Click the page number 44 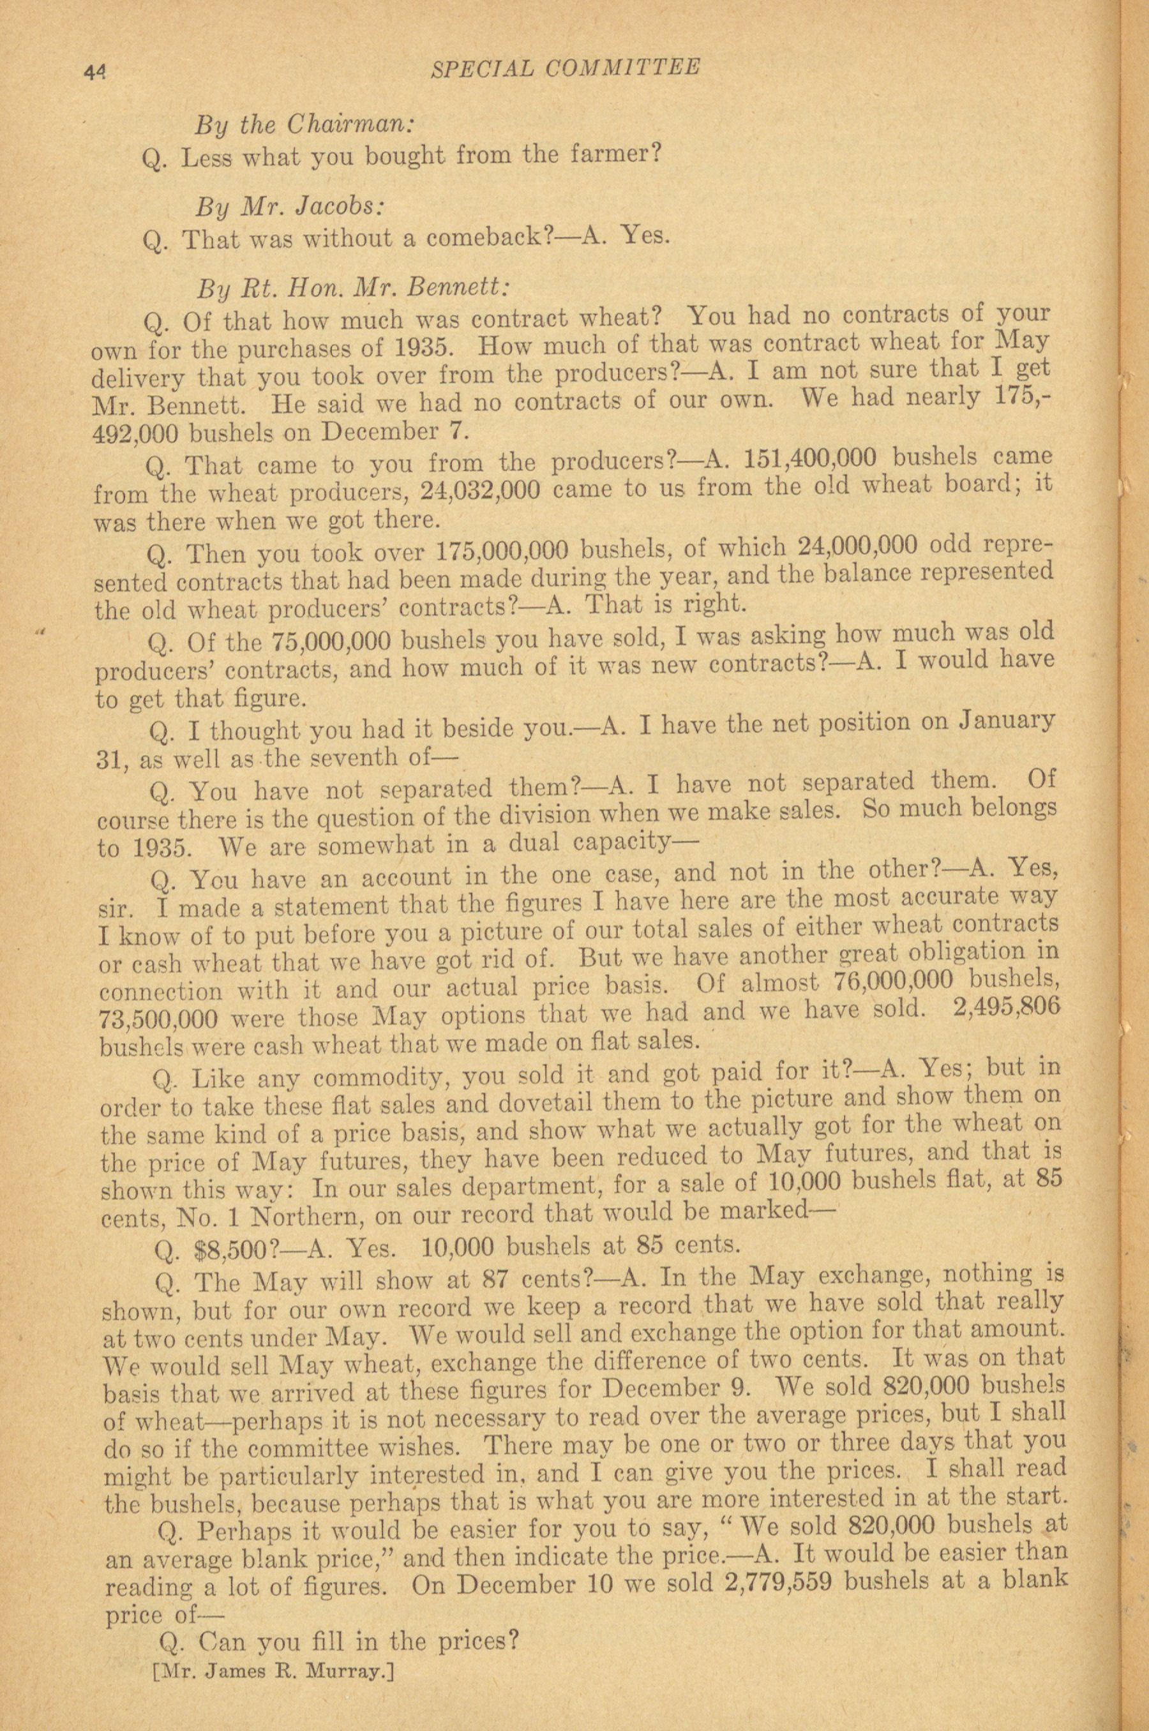click(95, 71)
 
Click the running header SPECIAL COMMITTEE click(565, 68)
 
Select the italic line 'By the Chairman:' click(305, 124)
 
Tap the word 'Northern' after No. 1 click(305, 1217)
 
